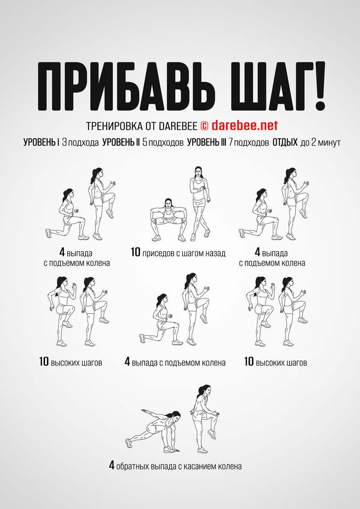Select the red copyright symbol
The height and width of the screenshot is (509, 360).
(x=204, y=126)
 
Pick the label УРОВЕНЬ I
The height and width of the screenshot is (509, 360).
(x=41, y=143)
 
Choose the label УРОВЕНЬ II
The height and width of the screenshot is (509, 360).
(x=121, y=143)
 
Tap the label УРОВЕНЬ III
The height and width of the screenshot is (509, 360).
(x=207, y=143)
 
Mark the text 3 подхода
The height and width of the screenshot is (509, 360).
(x=80, y=143)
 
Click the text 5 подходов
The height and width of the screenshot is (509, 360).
(x=163, y=143)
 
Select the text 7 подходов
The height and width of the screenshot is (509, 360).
(x=249, y=143)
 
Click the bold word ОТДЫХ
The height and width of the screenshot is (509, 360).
(x=285, y=143)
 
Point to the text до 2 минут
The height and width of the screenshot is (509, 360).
(x=321, y=143)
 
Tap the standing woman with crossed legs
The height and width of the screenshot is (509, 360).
(x=198, y=204)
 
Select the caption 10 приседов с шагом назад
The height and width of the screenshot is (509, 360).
(x=178, y=253)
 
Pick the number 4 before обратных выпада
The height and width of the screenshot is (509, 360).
(x=112, y=466)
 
